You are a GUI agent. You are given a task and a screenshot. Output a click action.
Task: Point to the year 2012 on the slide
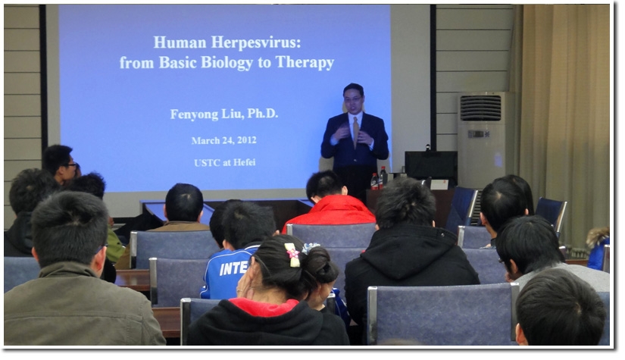[247, 140]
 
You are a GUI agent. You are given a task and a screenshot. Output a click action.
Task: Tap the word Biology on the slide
[227, 63]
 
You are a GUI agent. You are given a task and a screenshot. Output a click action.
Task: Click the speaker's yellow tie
[355, 131]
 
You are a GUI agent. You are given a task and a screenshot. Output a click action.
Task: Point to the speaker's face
[354, 100]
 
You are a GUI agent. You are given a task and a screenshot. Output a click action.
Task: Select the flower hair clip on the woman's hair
[293, 255]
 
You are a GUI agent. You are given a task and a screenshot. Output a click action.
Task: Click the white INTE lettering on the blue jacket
[234, 268]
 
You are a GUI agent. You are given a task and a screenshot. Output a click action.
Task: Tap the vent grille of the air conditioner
[480, 108]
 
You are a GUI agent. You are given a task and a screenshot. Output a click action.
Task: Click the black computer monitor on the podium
[431, 164]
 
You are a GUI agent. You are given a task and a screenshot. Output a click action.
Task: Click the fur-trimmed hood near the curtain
[598, 236]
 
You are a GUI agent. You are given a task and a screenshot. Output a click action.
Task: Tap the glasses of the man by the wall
[71, 165]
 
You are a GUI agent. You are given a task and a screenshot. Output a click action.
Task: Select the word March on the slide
[205, 141]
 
